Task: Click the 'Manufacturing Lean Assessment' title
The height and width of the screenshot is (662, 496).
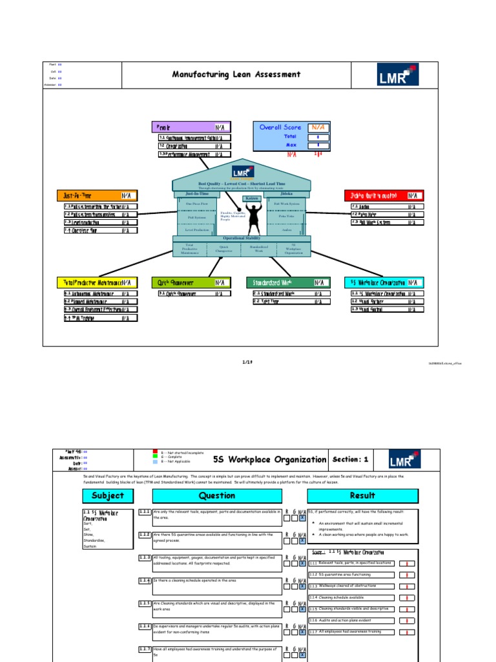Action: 236,74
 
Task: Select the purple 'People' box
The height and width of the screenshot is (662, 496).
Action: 191,127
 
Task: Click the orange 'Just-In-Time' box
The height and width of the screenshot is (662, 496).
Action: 97,195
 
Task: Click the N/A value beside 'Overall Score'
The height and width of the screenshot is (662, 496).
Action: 318,127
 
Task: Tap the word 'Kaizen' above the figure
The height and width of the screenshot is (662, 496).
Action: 251,198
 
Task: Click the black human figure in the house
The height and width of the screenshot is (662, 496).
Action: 251,218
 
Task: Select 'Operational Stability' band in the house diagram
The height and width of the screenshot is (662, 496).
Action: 242,239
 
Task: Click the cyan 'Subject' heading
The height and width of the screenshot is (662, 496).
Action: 107,496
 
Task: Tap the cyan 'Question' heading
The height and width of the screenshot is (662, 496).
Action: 217,496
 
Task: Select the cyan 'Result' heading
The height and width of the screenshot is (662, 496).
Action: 362,496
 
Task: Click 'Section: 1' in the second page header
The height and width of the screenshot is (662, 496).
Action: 351,460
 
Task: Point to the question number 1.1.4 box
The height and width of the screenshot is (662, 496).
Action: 145,581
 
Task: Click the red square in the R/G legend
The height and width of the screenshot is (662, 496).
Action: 154,453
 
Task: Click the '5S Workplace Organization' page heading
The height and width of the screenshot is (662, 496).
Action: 270,460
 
